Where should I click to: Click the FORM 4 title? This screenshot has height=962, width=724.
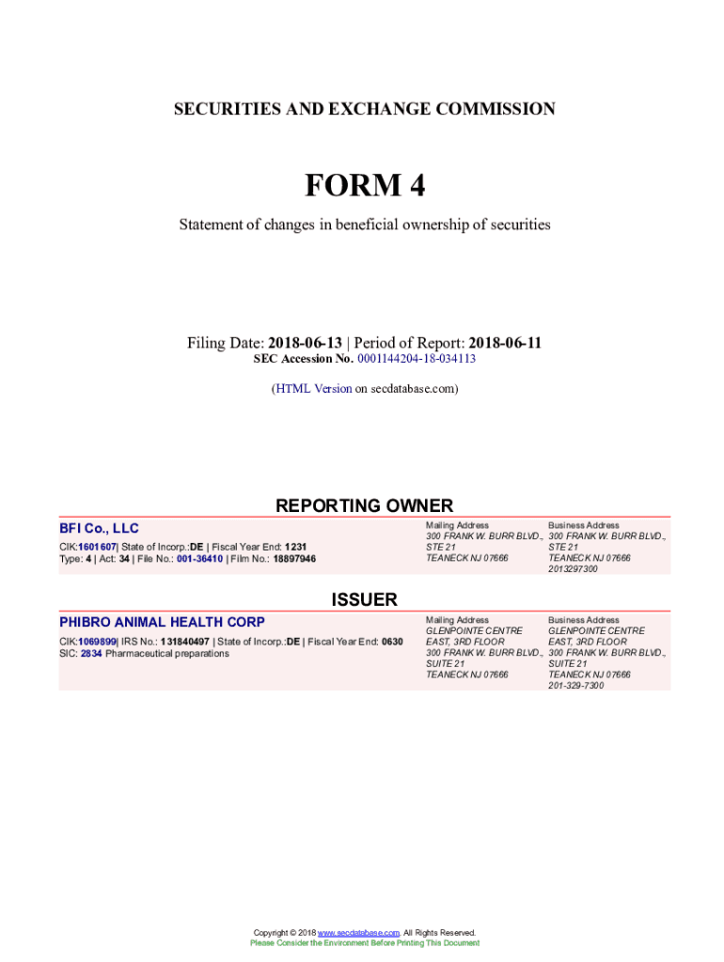[x=364, y=187]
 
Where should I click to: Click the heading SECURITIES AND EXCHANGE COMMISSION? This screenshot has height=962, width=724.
[x=364, y=110]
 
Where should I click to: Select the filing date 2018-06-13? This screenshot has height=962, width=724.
[x=305, y=343]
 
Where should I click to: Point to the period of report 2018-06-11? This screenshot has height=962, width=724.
[x=505, y=343]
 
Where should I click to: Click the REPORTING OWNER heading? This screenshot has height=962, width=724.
[x=364, y=505]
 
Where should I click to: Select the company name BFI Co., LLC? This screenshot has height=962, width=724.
[x=99, y=529]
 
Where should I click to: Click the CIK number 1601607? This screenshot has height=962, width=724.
[x=97, y=547]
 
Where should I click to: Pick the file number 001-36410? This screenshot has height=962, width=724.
[x=193, y=559]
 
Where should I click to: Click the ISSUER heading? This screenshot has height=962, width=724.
[x=364, y=599]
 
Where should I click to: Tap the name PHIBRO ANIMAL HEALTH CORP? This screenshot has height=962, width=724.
[x=162, y=622]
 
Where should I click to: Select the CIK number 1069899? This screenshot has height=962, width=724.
[x=97, y=642]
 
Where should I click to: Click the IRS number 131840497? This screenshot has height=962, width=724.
[x=184, y=642]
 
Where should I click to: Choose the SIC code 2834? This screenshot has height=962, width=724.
[x=91, y=653]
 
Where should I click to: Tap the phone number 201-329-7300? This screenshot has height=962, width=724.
[x=575, y=686]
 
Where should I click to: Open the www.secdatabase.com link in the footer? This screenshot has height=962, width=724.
[x=359, y=933]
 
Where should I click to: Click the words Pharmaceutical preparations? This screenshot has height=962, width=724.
[x=167, y=653]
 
